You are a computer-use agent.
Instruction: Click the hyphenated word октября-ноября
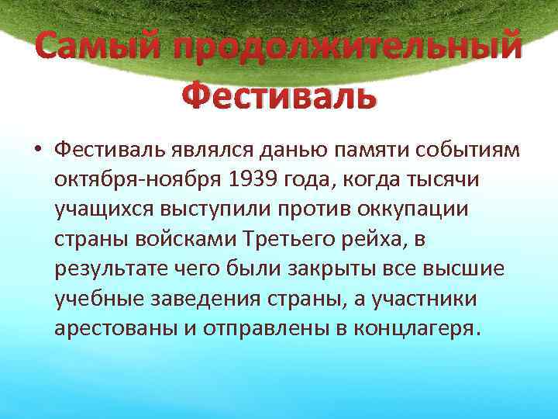coord(138,179)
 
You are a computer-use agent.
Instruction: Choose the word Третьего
coord(305,239)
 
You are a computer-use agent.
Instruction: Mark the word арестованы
coord(114,328)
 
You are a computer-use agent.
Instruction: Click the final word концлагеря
coord(416,328)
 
